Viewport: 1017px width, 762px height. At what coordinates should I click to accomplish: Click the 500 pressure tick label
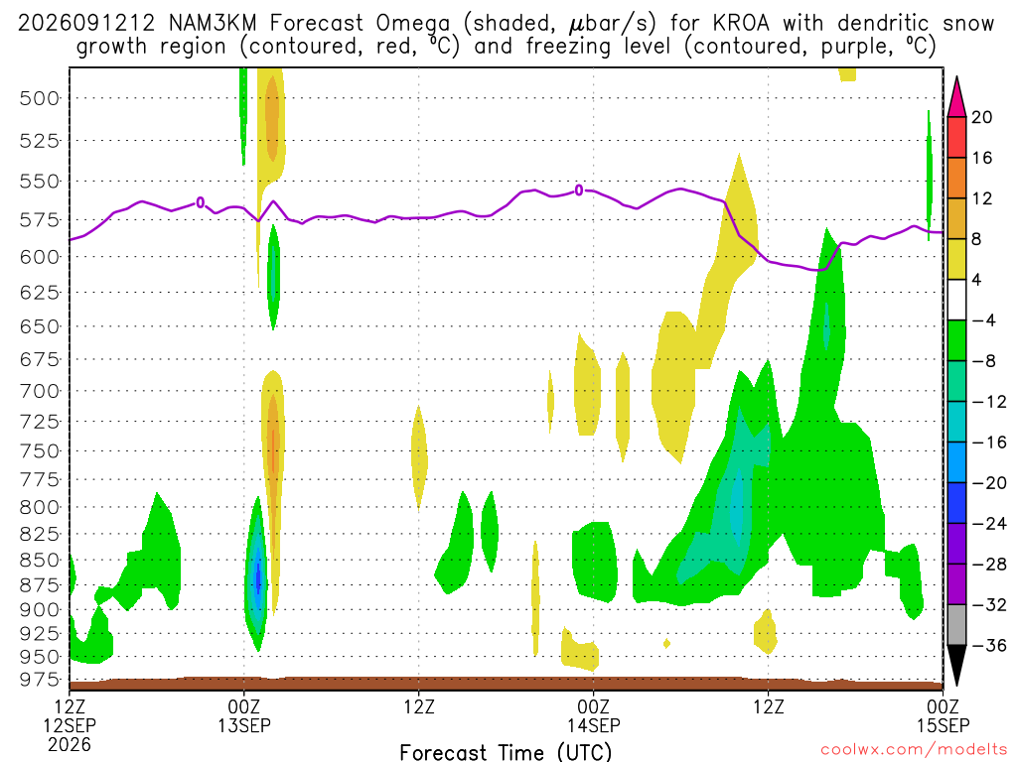[x=40, y=98]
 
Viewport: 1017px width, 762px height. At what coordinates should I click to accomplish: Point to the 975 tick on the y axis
[x=40, y=680]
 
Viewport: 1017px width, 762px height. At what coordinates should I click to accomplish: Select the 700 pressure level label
[x=40, y=391]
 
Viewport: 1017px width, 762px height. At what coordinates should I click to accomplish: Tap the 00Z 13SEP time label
[x=244, y=715]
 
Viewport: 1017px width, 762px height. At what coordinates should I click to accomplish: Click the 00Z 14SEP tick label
[x=594, y=715]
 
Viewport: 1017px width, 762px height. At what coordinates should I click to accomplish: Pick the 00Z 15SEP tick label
[x=944, y=715]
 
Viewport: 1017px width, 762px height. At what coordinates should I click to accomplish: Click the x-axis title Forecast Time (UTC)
[x=506, y=752]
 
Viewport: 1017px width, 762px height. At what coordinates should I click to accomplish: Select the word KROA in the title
[x=741, y=24]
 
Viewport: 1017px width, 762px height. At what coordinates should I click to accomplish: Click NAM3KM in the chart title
[x=213, y=24]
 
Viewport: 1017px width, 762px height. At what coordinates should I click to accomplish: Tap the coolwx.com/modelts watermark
[x=914, y=750]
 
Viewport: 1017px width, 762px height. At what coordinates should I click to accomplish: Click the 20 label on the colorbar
[x=981, y=117]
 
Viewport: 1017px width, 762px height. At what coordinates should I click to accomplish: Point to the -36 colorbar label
[x=989, y=645]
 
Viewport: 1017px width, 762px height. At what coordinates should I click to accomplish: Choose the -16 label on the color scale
[x=989, y=442]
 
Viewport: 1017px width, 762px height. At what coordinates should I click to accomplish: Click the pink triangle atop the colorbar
[x=956, y=98]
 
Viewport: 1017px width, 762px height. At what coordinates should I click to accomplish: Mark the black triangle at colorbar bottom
[x=956, y=664]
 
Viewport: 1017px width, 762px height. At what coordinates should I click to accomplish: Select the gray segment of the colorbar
[x=956, y=625]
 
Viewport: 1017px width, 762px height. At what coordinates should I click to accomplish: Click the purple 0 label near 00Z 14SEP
[x=579, y=190]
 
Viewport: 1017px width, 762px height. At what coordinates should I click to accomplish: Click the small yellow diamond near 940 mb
[x=666, y=643]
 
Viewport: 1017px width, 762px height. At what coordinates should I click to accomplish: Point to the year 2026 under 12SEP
[x=70, y=744]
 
